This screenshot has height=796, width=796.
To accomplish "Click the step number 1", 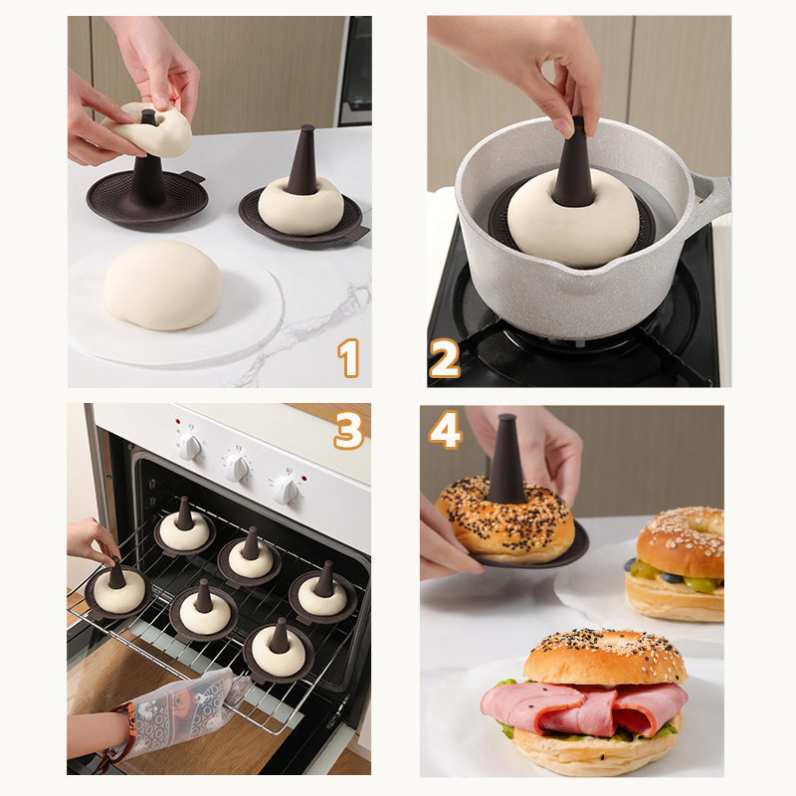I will coord(348,357).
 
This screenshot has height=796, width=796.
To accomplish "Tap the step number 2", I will coord(444,357).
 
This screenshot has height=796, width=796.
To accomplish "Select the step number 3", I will coord(348,430).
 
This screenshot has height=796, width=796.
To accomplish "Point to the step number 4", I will coord(445,430).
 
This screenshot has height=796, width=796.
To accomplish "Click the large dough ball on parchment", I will coord(163,285).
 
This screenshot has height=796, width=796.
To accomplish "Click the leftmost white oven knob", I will coord(189,446).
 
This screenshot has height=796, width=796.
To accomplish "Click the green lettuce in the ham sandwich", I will coord(506,728).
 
